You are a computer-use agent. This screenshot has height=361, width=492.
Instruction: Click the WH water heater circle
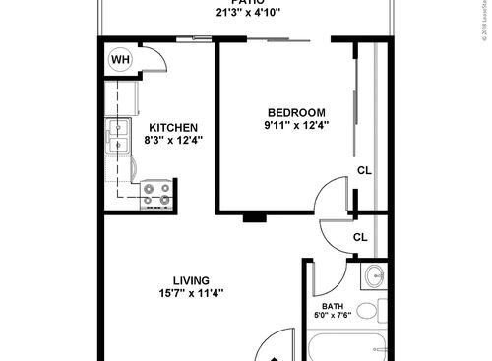(120, 60)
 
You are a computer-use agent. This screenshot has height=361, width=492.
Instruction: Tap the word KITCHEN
(174, 128)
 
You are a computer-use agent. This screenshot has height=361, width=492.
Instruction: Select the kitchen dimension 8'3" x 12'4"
(174, 142)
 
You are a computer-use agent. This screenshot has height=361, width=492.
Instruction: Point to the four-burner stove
(155, 193)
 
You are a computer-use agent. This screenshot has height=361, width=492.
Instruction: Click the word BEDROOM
(295, 112)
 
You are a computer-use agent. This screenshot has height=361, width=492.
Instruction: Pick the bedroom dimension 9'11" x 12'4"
(295, 125)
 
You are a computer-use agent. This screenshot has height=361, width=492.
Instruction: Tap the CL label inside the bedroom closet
(364, 170)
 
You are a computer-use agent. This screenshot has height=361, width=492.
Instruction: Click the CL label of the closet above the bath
(361, 237)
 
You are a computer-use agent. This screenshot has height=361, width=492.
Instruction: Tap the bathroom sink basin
(374, 277)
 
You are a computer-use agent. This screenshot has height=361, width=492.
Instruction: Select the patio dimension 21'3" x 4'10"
(242, 13)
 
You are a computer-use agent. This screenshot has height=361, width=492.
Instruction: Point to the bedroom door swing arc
(327, 197)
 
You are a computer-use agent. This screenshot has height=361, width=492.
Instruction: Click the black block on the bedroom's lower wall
(255, 216)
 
